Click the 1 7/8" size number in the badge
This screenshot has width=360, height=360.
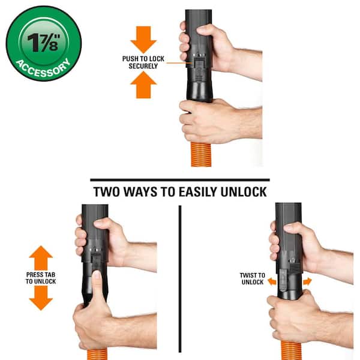click(x=44, y=43)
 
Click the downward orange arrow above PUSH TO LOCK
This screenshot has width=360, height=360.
click(x=143, y=40)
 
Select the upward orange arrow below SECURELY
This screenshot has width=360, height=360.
click(x=143, y=85)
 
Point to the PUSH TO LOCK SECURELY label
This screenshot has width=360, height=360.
click(x=143, y=62)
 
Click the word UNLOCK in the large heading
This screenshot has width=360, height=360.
click(x=244, y=192)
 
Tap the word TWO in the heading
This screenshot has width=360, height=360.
click(x=107, y=192)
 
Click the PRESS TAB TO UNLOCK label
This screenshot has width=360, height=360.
click(x=41, y=278)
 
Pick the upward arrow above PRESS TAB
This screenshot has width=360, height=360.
click(x=41, y=257)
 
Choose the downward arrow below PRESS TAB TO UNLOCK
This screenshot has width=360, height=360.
click(x=41, y=298)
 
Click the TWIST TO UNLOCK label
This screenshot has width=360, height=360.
click(x=253, y=278)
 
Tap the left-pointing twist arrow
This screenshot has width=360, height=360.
click(x=272, y=281)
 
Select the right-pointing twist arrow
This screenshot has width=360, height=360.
click(x=307, y=281)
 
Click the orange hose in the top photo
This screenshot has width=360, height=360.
click(x=201, y=154)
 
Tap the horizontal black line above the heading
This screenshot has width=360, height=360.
click(x=180, y=180)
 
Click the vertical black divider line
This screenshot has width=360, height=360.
click(x=180, y=279)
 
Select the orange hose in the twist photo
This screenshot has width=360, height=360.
click(x=291, y=350)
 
